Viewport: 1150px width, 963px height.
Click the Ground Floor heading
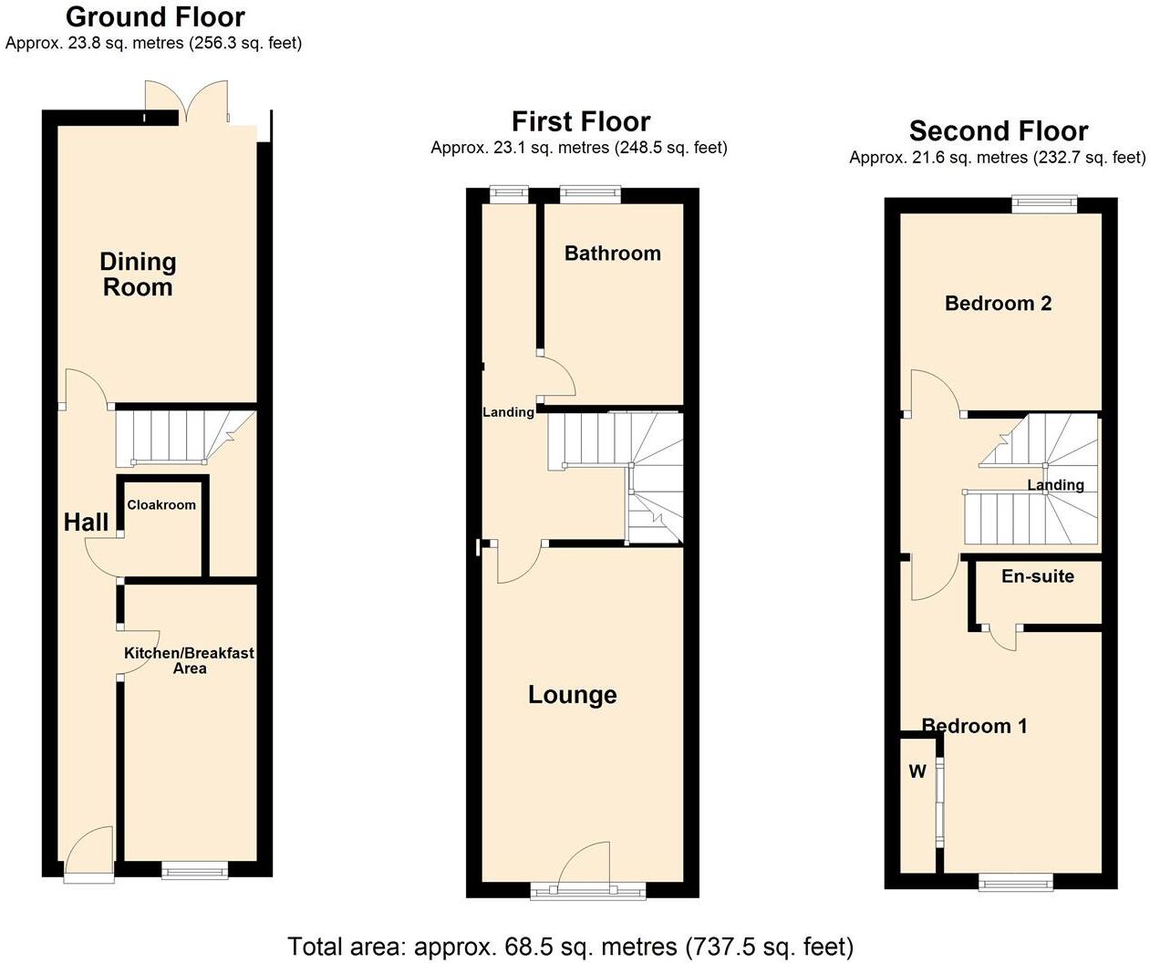click(155, 17)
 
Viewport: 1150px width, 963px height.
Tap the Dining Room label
click(138, 274)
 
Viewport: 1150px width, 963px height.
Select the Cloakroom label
click(161, 505)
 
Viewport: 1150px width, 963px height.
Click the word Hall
click(86, 523)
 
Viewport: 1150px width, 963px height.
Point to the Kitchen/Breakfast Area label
click(189, 660)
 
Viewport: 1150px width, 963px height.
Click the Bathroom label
click(612, 254)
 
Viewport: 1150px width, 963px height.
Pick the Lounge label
click(573, 695)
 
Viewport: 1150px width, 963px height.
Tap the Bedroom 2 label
click(998, 304)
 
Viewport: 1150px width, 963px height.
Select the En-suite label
click(1037, 576)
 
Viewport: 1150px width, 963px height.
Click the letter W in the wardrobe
click(917, 772)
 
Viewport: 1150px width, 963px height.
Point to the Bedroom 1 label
click(974, 726)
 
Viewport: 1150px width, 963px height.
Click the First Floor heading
click(580, 121)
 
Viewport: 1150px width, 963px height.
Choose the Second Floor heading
click(998, 131)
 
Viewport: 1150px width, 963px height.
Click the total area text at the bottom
click(570, 946)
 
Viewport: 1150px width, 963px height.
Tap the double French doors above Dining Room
click(187, 102)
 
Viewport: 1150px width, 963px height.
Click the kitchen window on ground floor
click(195, 873)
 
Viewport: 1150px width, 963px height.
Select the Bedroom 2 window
click(1043, 204)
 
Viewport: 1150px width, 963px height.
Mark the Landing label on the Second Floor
click(1055, 485)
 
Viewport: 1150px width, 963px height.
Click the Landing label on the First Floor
click(508, 412)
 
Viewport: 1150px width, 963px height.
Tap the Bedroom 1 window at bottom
click(1015, 882)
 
